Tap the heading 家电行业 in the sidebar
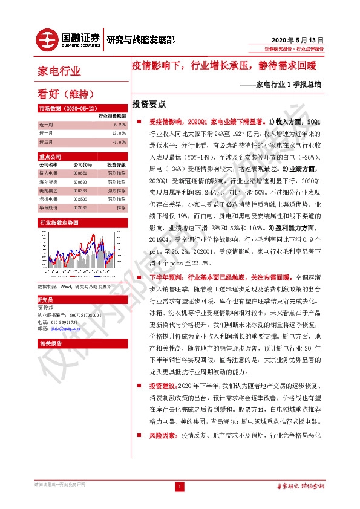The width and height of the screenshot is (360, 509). [60, 71]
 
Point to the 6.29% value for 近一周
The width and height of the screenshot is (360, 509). [119, 123]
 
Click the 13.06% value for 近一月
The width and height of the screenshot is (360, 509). [119, 133]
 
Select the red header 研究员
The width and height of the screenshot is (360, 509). [45, 300]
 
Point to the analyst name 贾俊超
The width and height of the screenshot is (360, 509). [46, 308]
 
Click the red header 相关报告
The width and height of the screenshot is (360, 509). [48, 343]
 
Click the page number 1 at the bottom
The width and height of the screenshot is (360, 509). [179, 487]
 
